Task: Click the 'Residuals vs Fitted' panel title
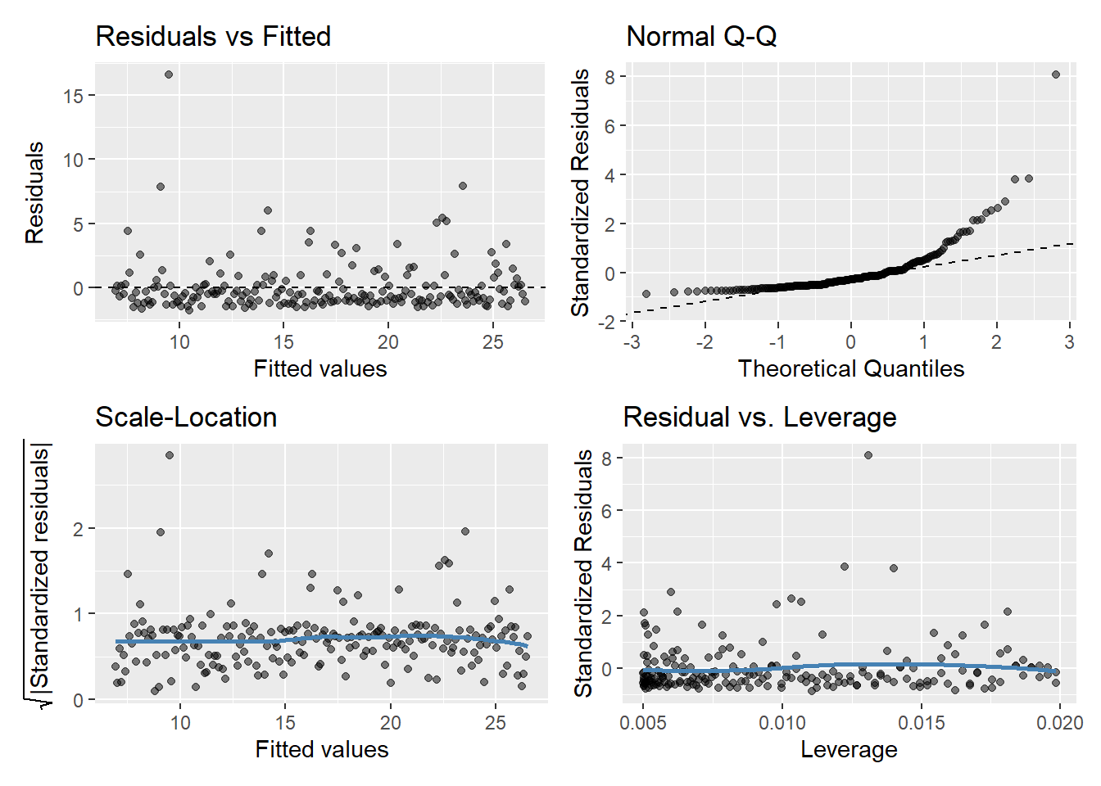(x=213, y=37)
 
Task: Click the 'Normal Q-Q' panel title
(x=701, y=37)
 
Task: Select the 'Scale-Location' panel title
(x=186, y=418)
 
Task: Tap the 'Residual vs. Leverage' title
(x=759, y=418)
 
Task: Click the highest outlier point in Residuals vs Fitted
(x=169, y=75)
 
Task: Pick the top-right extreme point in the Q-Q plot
(x=1056, y=75)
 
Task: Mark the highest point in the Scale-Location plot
(x=170, y=455)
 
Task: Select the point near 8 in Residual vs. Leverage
(x=868, y=455)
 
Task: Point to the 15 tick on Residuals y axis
(x=74, y=96)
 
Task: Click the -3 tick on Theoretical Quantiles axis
(x=632, y=342)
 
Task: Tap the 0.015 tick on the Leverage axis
(x=922, y=723)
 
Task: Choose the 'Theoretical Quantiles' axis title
(x=851, y=369)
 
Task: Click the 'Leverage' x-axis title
(x=849, y=750)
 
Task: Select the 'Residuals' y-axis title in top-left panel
(x=34, y=192)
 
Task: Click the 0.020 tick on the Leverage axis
(x=1060, y=723)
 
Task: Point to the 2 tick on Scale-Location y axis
(x=78, y=529)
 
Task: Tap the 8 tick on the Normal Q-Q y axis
(x=610, y=77)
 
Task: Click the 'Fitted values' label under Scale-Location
(x=322, y=750)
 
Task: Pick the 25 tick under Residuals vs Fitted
(x=492, y=342)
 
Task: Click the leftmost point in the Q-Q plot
(x=646, y=294)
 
